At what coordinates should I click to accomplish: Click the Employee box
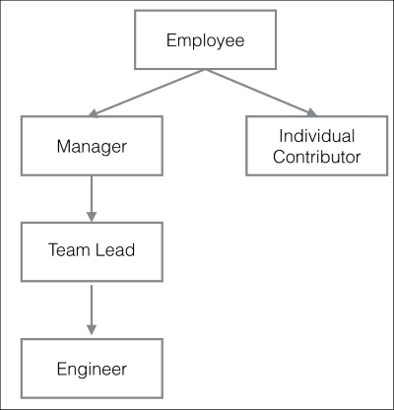pos(204,41)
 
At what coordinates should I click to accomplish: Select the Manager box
pos(91,146)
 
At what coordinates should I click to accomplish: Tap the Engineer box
pos(91,369)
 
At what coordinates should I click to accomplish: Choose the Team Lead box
pos(91,250)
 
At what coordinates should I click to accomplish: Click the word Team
pos(67,250)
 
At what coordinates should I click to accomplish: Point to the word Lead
pos(113,250)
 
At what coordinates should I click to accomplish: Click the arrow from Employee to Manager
pos(148,93)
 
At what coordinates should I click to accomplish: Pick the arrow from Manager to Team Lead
pos(91,197)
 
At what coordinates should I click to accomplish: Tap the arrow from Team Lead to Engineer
pos(91,308)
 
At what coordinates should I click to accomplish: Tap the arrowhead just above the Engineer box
pos(91,328)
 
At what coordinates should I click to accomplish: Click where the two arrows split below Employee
pos(204,69)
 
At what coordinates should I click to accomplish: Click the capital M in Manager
pos(63,146)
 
